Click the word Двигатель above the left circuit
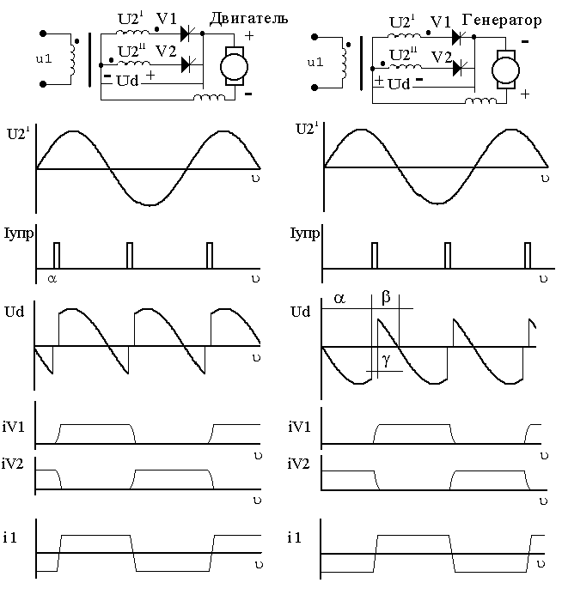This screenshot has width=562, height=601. [248, 18]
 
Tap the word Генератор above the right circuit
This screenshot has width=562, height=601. [502, 20]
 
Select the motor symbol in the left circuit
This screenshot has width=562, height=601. [234, 67]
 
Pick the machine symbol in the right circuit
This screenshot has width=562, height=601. [505, 70]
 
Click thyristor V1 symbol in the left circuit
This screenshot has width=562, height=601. [187, 33]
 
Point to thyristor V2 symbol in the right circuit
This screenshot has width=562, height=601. [459, 68]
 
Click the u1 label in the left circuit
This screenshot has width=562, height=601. [44, 58]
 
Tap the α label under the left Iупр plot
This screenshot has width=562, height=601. [52, 279]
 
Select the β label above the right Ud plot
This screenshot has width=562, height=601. [386, 297]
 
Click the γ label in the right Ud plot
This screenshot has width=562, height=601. [387, 360]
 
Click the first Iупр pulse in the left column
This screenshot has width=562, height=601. [57, 255]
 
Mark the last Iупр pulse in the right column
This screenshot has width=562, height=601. [528, 255]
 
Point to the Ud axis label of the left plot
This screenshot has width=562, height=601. [15, 312]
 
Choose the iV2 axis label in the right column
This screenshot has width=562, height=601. [298, 464]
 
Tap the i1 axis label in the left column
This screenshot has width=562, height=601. [10, 537]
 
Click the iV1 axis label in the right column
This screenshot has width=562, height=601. [299, 427]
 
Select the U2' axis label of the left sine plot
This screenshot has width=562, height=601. [18, 134]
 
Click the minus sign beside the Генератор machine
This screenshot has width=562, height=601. [525, 41]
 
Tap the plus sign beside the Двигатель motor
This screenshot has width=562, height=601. [249, 36]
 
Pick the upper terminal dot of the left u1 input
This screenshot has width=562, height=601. [43, 33]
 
